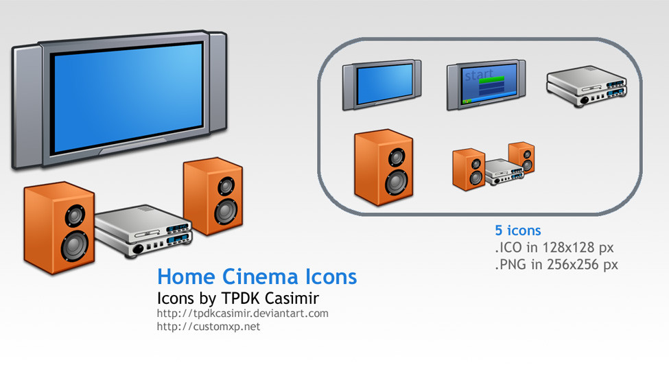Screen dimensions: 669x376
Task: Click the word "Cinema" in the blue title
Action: pyautogui.click(x=260, y=277)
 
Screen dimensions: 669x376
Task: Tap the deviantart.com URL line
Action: pyautogui.click(x=242, y=314)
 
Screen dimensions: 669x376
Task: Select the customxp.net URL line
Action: pyautogui.click(x=208, y=327)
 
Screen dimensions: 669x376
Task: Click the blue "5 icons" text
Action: pyautogui.click(x=517, y=231)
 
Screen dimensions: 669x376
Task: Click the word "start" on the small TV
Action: pyautogui.click(x=478, y=75)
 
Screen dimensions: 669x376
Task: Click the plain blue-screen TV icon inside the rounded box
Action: pyautogui.click(x=382, y=84)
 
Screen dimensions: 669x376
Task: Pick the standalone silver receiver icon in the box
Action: pyautogui.click(x=587, y=86)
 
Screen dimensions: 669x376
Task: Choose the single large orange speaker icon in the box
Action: pyautogui.click(x=384, y=167)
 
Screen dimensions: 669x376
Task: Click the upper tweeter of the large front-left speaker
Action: pyautogui.click(x=75, y=215)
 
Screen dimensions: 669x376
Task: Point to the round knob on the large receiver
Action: pyautogui.click(x=138, y=249)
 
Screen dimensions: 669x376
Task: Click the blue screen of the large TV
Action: pyautogui.click(x=127, y=97)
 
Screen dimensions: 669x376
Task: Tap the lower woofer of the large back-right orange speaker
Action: pyautogui.click(x=226, y=211)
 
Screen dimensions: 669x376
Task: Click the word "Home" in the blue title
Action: pyautogui.click(x=186, y=277)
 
